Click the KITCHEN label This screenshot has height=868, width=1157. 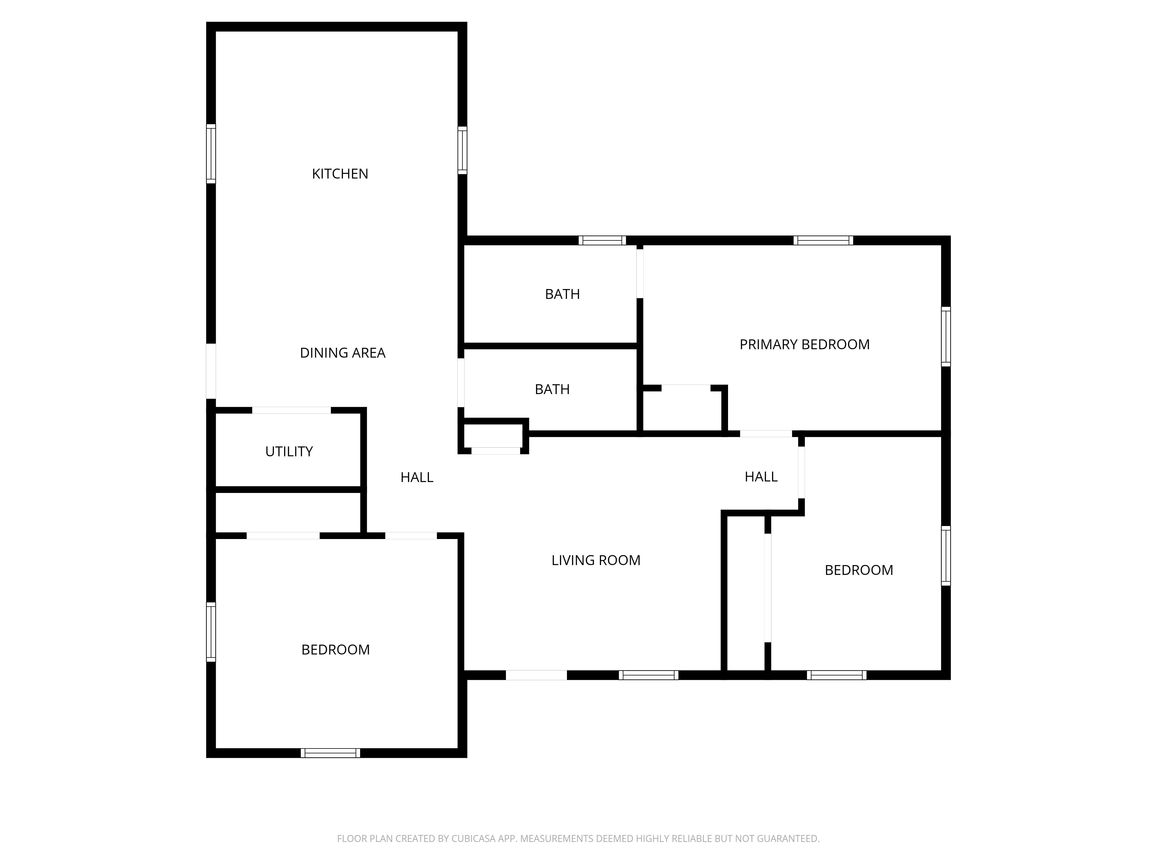pos(340,174)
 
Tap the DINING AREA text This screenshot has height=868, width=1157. pos(342,353)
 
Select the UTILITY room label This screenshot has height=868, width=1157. pos(289,452)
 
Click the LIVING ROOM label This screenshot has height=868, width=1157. pos(596,560)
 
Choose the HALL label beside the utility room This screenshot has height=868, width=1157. pos(417,477)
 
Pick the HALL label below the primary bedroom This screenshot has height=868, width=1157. pos(761,477)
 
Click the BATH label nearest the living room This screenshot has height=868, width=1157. pos(552,389)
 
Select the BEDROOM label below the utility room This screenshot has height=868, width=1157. pos(335,650)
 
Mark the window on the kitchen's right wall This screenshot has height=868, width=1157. pos(463,150)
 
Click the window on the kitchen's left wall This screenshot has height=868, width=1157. pos(211,154)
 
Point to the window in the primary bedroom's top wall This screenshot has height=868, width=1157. pos(823,241)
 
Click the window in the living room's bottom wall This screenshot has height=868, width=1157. pos(648,675)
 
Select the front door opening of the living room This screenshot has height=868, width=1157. pos(536,675)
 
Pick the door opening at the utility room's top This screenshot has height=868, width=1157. pos(291,410)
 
